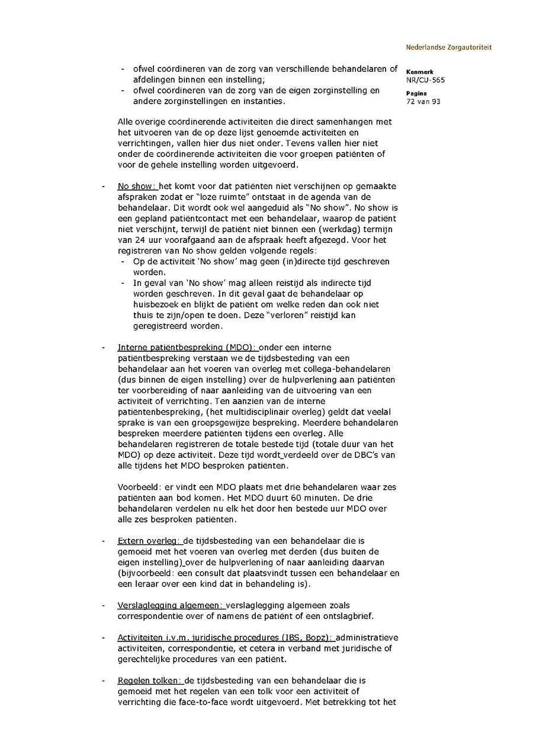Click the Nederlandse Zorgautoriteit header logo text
pos(448,47)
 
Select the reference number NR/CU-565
pos(425,80)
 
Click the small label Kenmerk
pos(419,72)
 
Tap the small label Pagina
pos(416,94)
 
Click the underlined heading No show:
pos(136,186)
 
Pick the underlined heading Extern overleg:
pos(149,541)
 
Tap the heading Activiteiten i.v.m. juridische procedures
pos(225,638)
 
